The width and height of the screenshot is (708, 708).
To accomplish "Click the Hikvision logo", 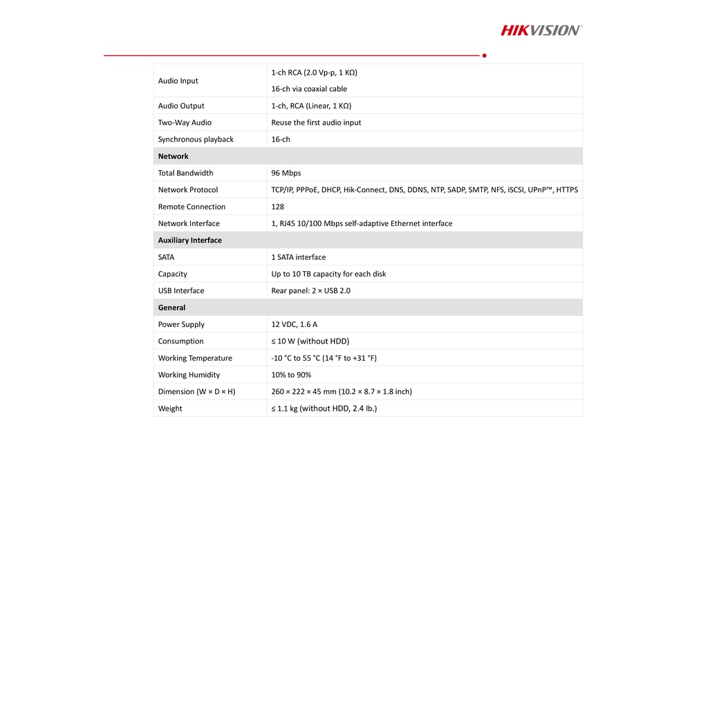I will (x=541, y=30).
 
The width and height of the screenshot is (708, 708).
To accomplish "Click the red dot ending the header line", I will (x=484, y=55).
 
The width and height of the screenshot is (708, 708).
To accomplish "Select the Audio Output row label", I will (x=181, y=106).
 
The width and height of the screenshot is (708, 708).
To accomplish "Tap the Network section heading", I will (x=173, y=156).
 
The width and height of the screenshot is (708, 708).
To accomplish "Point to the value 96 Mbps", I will (x=286, y=173).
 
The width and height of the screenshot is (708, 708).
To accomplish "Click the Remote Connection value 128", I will (x=278, y=207).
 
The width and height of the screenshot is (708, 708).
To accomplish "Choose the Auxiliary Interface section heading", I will (x=189, y=241).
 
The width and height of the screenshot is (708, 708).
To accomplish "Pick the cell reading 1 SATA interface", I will (x=299, y=257).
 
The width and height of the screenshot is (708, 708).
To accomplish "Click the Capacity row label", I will (x=172, y=274).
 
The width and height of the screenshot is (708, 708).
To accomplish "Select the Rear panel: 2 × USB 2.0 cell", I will (x=310, y=291).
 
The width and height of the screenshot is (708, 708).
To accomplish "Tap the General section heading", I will (x=171, y=308).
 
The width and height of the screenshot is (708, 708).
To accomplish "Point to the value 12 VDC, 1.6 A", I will (x=295, y=324).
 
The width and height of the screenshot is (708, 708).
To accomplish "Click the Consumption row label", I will (x=180, y=342).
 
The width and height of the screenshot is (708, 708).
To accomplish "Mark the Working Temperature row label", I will (x=195, y=358).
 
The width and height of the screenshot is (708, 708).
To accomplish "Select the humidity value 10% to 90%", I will (x=291, y=375).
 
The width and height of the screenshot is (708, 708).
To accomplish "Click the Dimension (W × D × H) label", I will (x=196, y=392).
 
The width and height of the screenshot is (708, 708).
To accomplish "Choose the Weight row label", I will (x=170, y=409).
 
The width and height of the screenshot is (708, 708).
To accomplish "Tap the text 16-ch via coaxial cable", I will (x=309, y=89).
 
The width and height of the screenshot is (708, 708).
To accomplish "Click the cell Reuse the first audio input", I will (x=316, y=122).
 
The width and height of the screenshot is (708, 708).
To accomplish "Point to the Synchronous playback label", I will (x=196, y=140).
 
